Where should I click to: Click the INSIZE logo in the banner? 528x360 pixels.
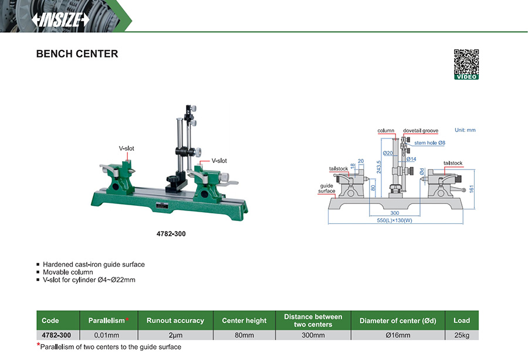60,20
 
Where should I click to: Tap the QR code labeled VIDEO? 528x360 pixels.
466,64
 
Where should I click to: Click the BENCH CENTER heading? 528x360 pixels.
77,54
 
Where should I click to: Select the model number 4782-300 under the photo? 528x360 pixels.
171,234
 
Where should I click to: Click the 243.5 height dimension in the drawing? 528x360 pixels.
379,167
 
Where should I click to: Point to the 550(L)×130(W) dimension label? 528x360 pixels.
394,220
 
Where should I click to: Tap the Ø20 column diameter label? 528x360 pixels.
388,153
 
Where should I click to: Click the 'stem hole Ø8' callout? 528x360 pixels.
429,142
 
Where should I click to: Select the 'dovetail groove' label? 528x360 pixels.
421,131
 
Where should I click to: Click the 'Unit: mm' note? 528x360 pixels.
465,130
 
